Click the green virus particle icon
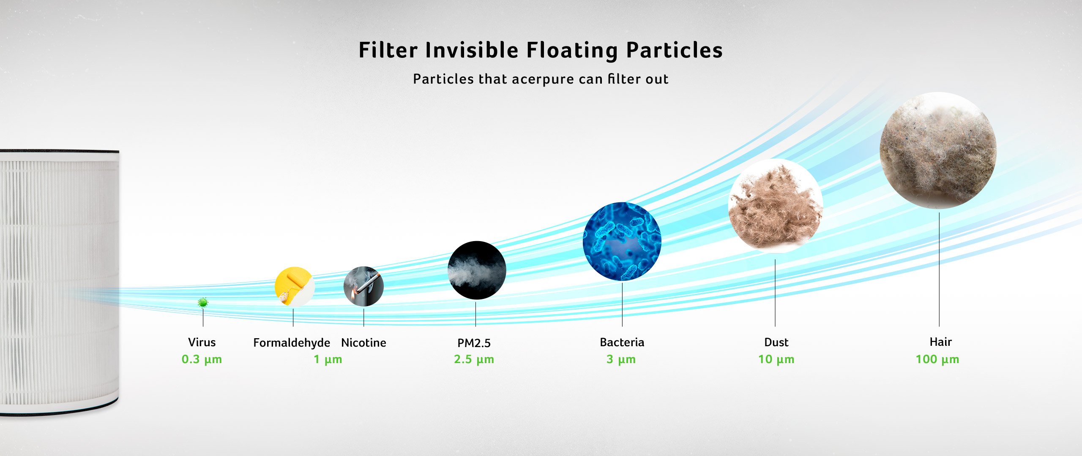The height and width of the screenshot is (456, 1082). pos(203,302)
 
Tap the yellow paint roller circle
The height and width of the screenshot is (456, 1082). pos(295,286)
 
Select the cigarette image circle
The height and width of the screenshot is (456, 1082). pos(363,286)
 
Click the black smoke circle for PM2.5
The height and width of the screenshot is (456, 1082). pos(477,270)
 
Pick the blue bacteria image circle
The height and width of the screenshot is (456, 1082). pos(622,242)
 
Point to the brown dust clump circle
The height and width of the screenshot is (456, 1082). pos(776,206)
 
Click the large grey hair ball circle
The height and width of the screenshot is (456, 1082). pos(938,150)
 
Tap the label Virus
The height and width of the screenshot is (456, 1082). pos(202,342)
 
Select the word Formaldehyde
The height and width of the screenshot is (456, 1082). pos(292,342)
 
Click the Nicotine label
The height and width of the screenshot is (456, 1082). pos(363,342)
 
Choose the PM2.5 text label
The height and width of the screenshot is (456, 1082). pos(474,343)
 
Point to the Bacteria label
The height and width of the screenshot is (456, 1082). pos(622,342)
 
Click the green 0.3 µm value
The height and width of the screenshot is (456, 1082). pos(202,359)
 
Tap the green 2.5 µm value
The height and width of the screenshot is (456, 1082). pos(474,359)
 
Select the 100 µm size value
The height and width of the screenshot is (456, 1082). pos(937,359)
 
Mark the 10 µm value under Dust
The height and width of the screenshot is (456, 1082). pos(776,359)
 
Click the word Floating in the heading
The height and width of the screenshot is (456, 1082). pos(572,50)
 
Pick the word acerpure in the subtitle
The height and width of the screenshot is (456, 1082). pos(542,79)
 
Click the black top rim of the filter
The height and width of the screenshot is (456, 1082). pos(59,151)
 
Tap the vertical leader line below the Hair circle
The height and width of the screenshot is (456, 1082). pos(939,269)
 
